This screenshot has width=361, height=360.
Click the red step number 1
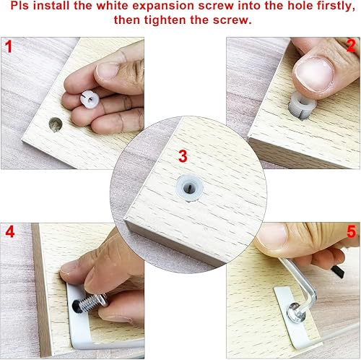coord(9,48)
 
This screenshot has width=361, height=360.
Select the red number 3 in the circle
coord(182,155)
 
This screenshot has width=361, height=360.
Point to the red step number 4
coord(9,233)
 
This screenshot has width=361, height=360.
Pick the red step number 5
coord(351,233)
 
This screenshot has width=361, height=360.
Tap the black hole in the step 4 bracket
coord(74,308)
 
